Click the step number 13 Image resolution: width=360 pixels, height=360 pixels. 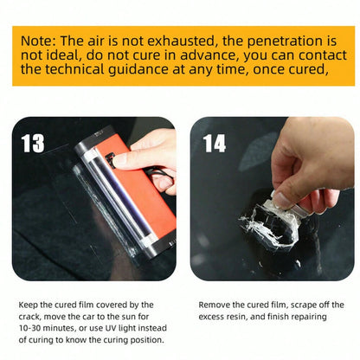coord(33,144)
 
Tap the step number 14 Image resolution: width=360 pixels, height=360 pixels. coord(215,144)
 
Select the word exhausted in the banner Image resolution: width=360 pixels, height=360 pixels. coord(182,41)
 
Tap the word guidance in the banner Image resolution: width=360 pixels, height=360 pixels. coord(138,70)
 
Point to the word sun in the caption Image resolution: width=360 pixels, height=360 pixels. coord(129,317)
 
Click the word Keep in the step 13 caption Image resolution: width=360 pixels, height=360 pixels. coord(28,305)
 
